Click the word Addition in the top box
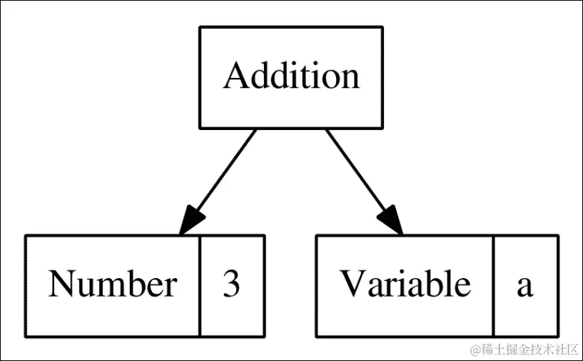[x=291, y=76]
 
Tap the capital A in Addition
[x=235, y=76]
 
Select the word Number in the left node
[x=112, y=285]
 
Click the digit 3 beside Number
[x=231, y=285]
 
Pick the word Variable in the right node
[x=405, y=285]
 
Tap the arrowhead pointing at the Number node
[x=191, y=219]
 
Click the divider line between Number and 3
[x=199, y=285]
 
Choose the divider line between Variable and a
[x=493, y=285]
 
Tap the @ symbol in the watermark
[x=473, y=350]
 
